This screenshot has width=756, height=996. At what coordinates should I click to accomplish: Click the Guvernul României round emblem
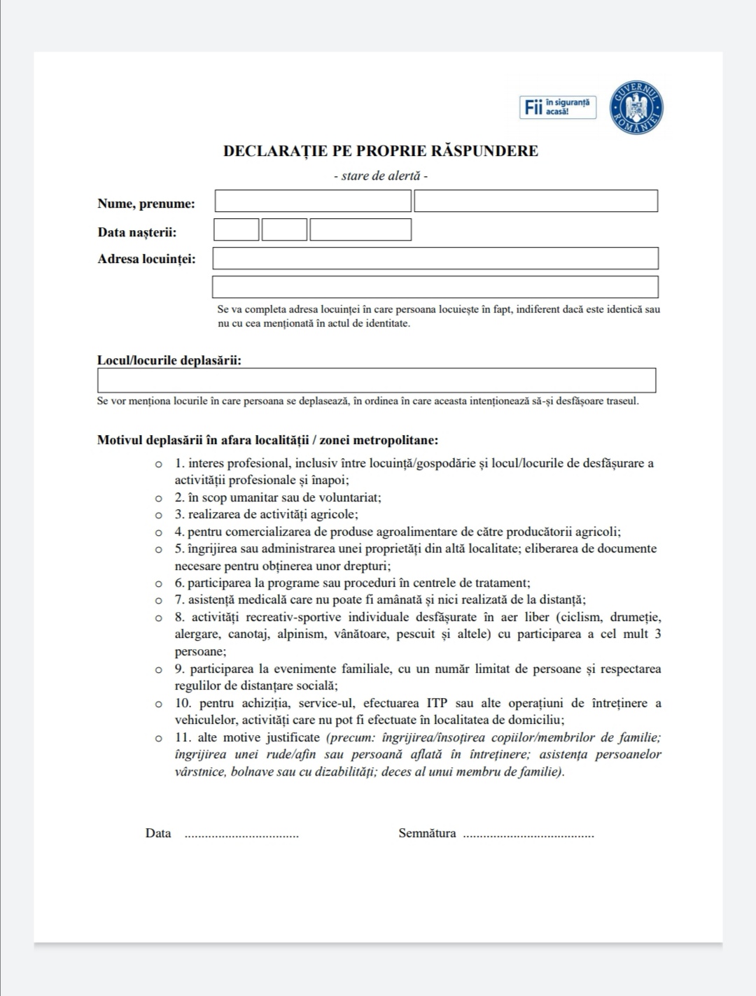(x=636, y=108)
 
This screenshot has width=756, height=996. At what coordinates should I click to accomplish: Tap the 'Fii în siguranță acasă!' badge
(x=558, y=107)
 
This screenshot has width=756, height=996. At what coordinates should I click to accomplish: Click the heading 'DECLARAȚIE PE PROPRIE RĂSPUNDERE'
(x=381, y=151)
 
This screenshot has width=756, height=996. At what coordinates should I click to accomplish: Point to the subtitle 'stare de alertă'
(x=381, y=176)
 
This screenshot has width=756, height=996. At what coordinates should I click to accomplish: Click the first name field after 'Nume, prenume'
(x=313, y=201)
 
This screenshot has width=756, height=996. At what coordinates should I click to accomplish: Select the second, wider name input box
(x=535, y=201)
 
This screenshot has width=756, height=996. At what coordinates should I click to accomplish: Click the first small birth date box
(x=237, y=230)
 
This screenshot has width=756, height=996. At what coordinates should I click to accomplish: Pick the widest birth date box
(x=360, y=230)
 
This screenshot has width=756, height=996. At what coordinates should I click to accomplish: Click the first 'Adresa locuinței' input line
(x=435, y=258)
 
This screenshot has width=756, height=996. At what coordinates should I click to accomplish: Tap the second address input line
(x=435, y=287)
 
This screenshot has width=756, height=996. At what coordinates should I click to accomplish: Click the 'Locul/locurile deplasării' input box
(x=377, y=380)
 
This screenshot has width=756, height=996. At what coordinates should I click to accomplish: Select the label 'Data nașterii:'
(x=137, y=233)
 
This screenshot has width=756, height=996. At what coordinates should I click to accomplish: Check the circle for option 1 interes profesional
(x=159, y=464)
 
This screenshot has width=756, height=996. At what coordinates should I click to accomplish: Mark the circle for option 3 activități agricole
(x=159, y=515)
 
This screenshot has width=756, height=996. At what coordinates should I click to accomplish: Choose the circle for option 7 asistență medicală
(x=159, y=600)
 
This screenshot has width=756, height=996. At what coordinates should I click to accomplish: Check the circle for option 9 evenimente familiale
(x=159, y=669)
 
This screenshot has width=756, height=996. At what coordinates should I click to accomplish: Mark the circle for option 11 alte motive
(x=159, y=738)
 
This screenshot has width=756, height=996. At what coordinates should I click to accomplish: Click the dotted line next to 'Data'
(x=241, y=835)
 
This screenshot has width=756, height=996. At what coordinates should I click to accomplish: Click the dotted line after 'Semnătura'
(x=528, y=835)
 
